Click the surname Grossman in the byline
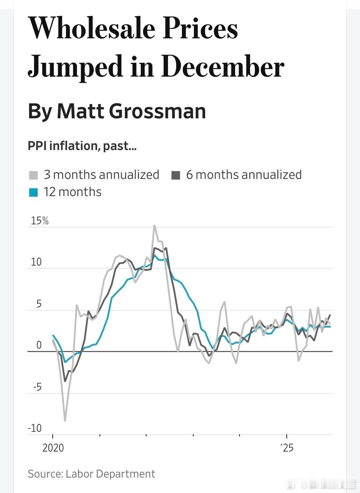(x=157, y=111)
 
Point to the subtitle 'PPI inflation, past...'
(x=82, y=146)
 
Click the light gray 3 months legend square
(x=33, y=175)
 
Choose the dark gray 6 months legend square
(x=176, y=175)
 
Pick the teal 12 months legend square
(x=33, y=192)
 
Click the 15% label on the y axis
(x=40, y=221)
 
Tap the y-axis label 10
(x=36, y=262)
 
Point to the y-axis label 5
(x=39, y=304)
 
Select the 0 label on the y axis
(x=39, y=345)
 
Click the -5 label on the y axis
(x=37, y=387)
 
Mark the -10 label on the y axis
(x=35, y=428)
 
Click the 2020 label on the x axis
(x=53, y=448)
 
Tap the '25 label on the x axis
(x=286, y=448)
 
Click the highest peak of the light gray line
(x=155, y=226)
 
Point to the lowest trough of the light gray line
(x=65, y=421)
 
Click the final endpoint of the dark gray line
(x=330, y=315)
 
